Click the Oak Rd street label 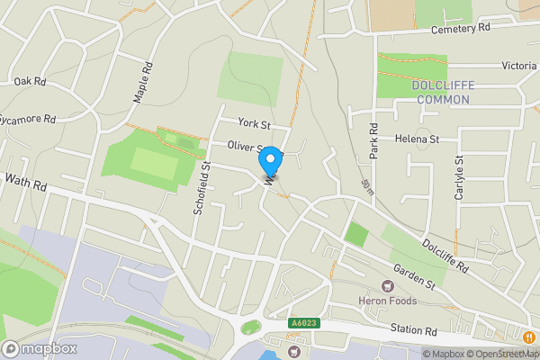30,81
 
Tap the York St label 254,122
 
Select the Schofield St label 202,188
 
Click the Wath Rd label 24,184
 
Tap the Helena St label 416,139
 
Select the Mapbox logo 40,348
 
